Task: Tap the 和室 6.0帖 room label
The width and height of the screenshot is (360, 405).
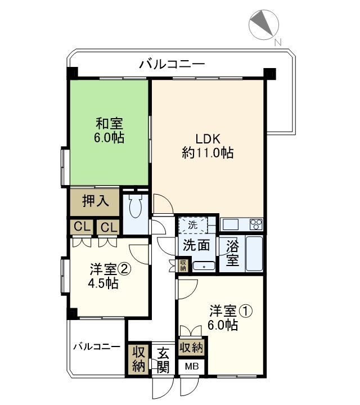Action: point(109,130)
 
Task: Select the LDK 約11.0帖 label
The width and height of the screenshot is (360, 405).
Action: point(208,145)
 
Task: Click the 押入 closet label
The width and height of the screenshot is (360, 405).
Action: point(94,201)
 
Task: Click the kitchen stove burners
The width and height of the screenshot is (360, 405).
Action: point(256,224)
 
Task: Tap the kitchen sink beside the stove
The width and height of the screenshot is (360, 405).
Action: point(231,224)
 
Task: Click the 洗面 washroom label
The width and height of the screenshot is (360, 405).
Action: point(196,245)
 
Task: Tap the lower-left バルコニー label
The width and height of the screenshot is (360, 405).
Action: point(96,346)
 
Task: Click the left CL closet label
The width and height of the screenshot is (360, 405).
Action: point(82,228)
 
